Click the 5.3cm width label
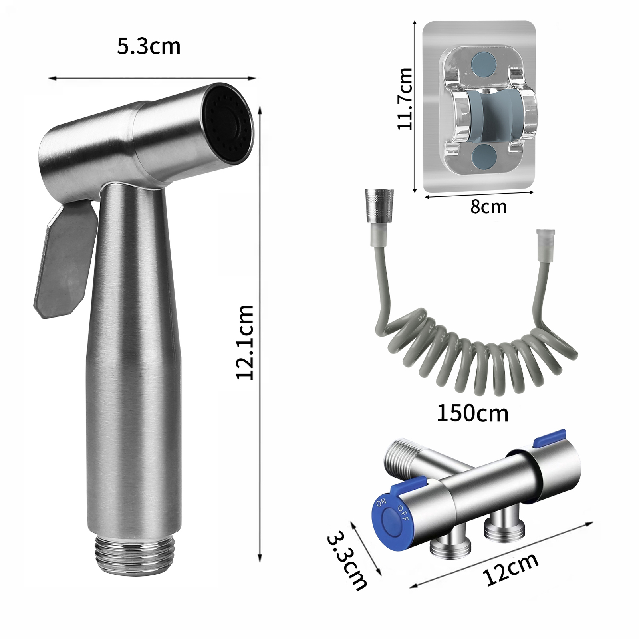coord(149,46)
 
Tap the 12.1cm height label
coord(245,342)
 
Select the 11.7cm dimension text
coord(405,99)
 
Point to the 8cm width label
coord(488,206)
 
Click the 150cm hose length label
coord(472,413)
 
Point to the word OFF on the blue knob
coord(403,513)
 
